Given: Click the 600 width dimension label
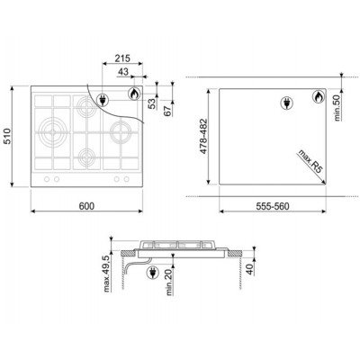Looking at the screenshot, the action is [86, 206].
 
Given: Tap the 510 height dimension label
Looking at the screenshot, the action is [6, 136].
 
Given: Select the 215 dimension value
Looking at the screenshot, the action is [122, 58].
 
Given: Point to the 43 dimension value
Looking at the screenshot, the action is [123, 72].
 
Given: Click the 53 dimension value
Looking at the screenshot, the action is [153, 103].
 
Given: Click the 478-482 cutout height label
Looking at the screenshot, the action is [203, 136].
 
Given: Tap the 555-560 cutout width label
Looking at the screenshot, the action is [273, 206].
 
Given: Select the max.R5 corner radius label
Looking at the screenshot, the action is [310, 161].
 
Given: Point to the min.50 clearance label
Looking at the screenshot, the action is [338, 108].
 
